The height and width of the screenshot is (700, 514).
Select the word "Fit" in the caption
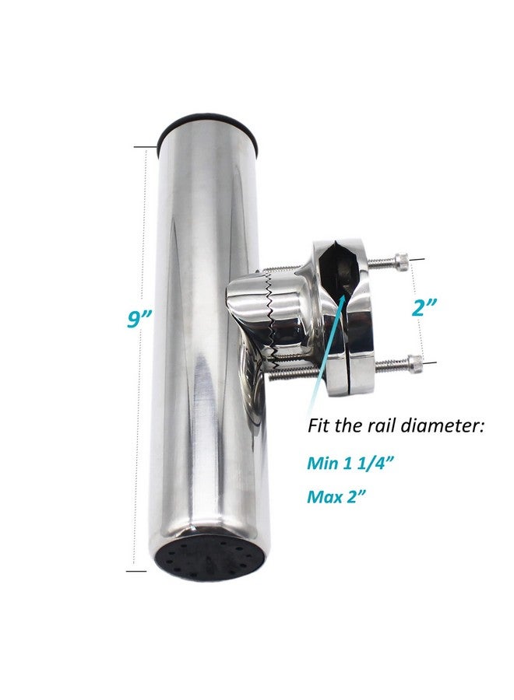coord(318,425)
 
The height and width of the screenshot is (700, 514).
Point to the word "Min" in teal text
coord(322,463)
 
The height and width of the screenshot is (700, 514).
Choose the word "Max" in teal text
coord(324,496)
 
